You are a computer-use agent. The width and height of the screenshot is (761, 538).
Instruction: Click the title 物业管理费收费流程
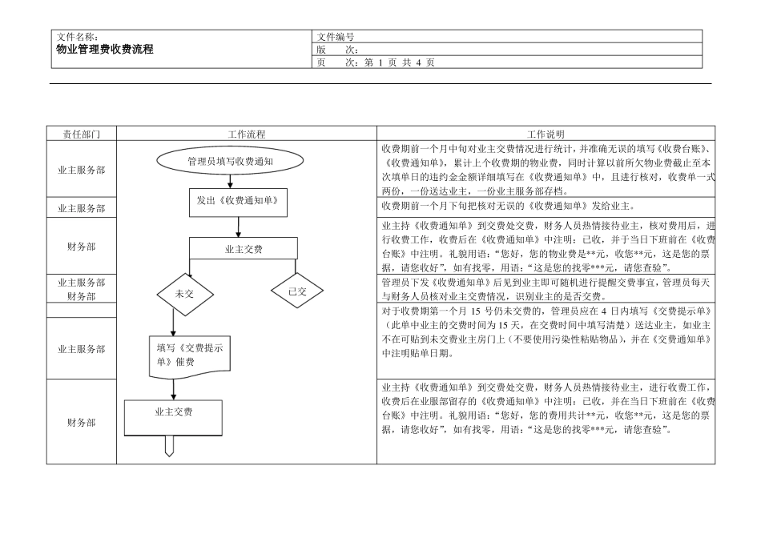pyautogui.click(x=104, y=49)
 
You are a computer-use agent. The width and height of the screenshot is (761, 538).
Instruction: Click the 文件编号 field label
pyautogui.click(x=336, y=37)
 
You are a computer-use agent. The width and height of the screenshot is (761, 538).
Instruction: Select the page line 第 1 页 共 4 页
pyautogui.click(x=400, y=62)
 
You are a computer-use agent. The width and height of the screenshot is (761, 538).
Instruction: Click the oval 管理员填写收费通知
pyautogui.click(x=230, y=161)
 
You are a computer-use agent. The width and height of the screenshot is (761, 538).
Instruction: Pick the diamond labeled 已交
pyautogui.click(x=297, y=291)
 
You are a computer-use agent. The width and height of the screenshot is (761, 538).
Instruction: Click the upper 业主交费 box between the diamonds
pyautogui.click(x=244, y=249)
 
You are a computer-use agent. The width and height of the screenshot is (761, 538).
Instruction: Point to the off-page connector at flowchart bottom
pyautogui.click(x=170, y=446)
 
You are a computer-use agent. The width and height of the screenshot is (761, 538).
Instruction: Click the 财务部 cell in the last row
pyautogui.click(x=82, y=423)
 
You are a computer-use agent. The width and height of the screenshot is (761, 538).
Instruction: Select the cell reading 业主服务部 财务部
pyautogui.click(x=82, y=289)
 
